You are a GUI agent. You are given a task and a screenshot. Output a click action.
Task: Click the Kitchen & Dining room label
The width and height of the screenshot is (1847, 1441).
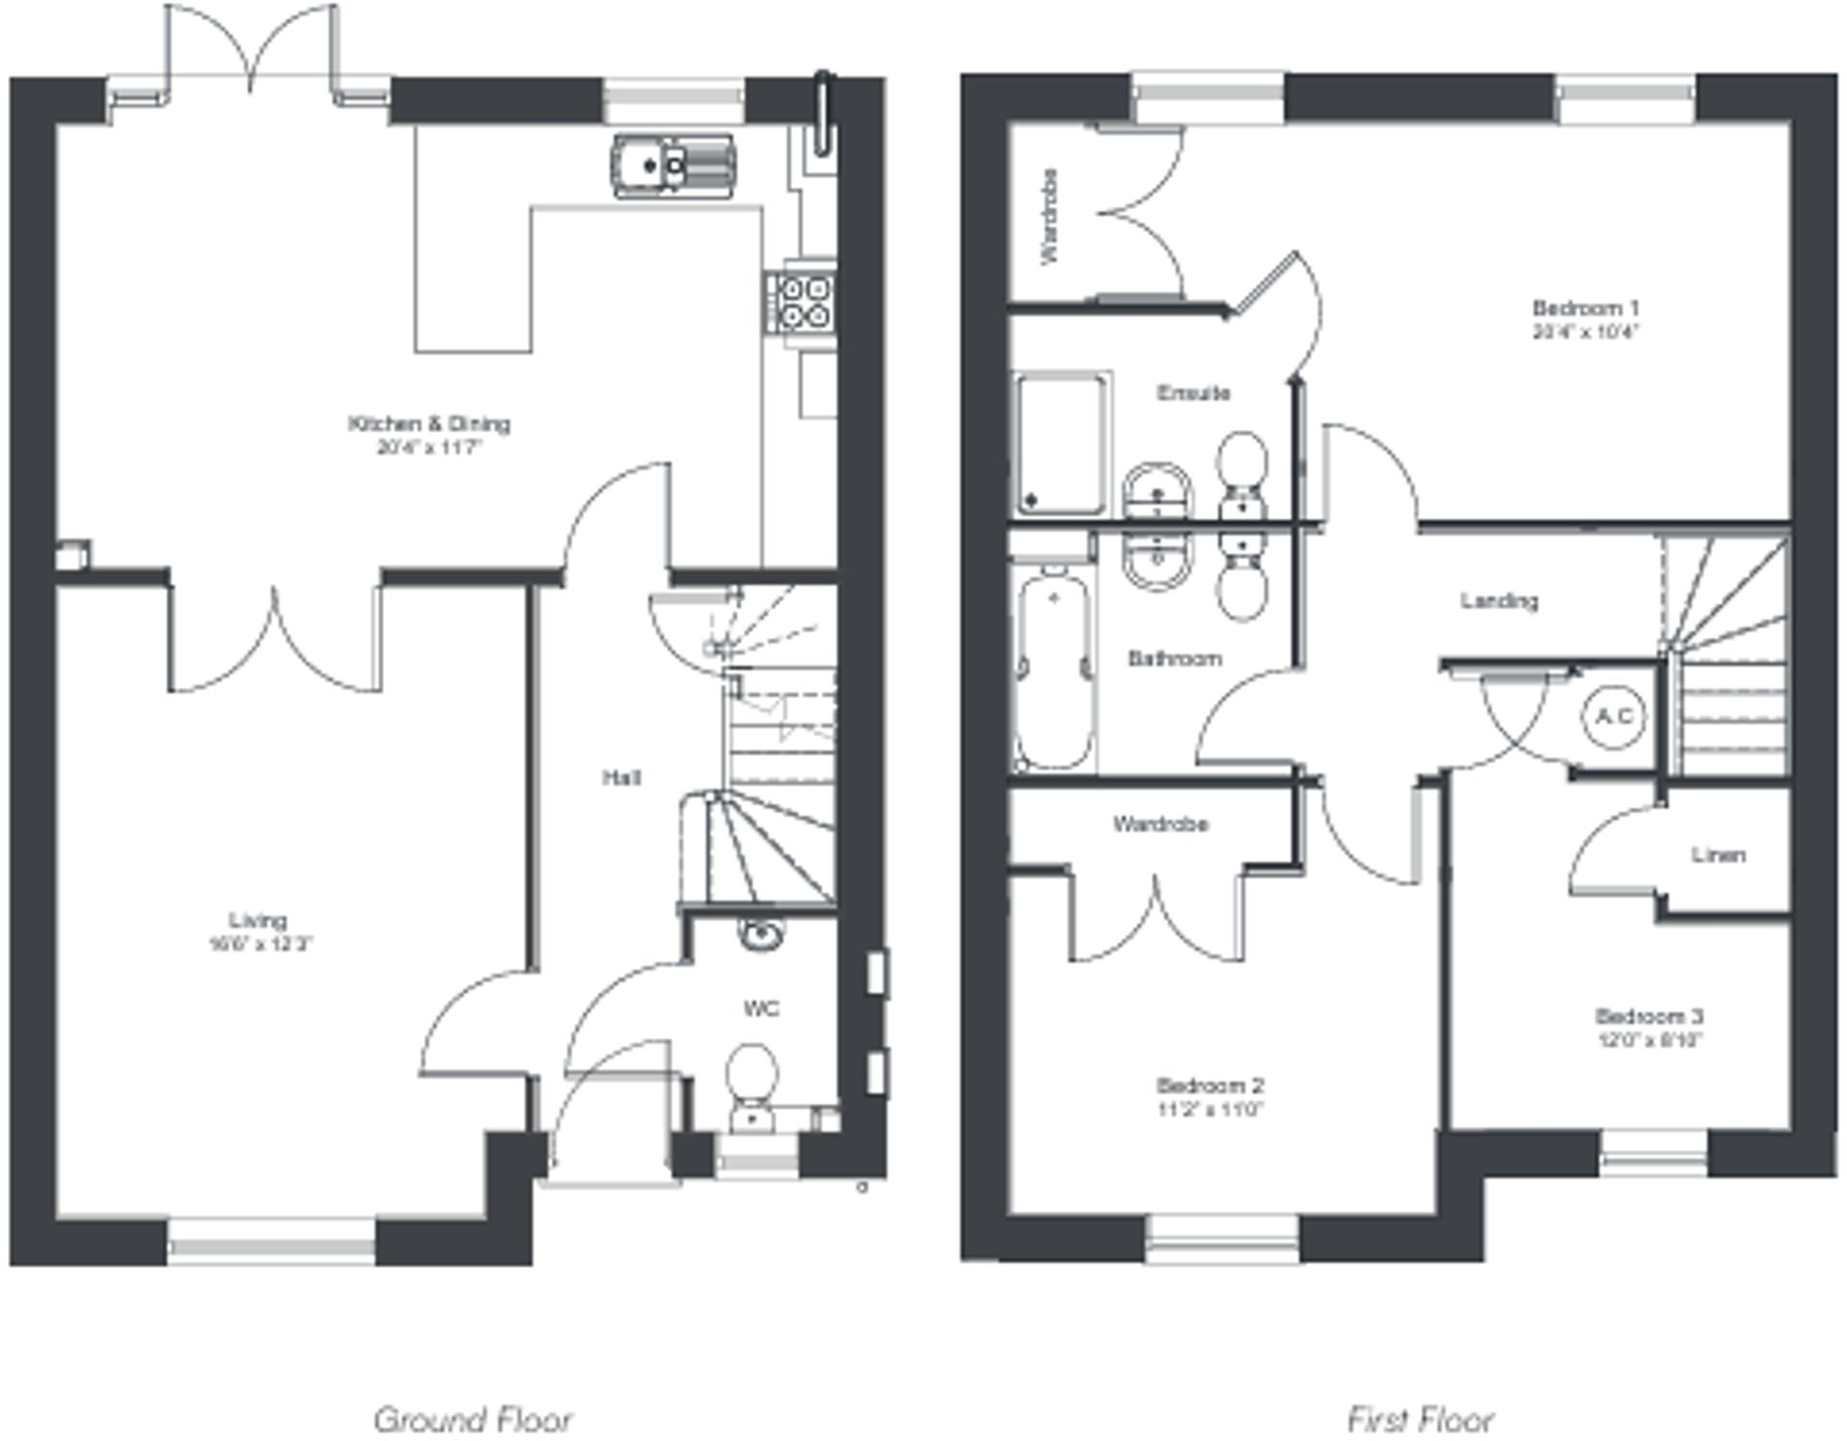pos(429,424)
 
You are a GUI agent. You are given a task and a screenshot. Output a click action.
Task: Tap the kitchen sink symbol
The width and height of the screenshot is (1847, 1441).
pos(673,166)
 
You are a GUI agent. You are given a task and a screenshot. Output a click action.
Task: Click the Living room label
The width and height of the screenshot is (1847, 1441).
pos(259,921)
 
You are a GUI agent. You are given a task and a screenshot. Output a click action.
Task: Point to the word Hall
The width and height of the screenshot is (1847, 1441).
pos(621,777)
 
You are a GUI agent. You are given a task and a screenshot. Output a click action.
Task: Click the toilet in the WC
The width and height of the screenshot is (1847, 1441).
pos(751,1078)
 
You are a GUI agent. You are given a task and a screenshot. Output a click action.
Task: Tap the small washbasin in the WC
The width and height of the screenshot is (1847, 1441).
pos(761,933)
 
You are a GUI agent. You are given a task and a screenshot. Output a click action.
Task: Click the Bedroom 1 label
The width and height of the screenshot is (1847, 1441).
pos(1585,309)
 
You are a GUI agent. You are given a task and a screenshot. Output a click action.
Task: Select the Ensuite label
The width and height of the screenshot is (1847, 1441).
pos(1193,393)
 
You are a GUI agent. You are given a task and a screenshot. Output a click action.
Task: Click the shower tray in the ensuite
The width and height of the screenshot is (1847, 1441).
pos(1060,444)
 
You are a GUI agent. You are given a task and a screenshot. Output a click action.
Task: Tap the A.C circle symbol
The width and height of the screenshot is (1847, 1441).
pos(1613,716)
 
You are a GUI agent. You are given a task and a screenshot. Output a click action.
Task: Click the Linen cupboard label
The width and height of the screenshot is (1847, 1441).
pos(1718,855)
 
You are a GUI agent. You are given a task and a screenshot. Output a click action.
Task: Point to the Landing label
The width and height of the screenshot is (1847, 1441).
pos(1499,601)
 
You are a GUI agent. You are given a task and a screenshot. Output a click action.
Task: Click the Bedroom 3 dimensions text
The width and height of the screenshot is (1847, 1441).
pos(1649,1041)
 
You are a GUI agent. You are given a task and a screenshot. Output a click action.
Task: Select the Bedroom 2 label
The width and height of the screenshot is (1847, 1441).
pos(1209,1086)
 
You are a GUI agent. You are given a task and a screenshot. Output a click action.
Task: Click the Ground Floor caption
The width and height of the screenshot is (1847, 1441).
pos(473,1419)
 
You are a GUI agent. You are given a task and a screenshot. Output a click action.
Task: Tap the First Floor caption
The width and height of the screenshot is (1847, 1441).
pos(1420,1419)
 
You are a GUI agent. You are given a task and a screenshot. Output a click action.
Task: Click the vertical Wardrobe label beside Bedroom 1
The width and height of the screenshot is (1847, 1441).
pos(1049,216)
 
